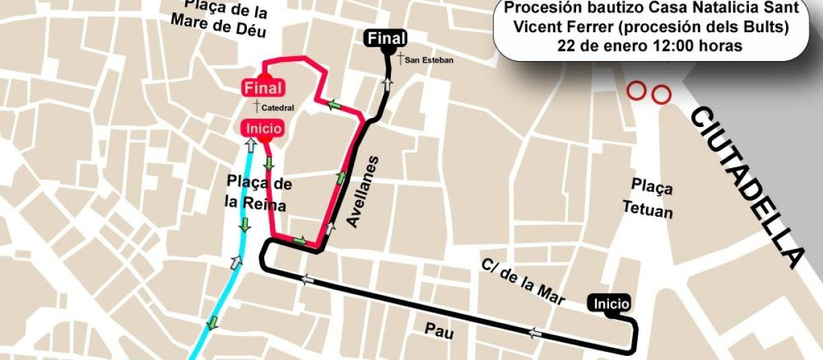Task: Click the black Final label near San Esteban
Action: coord(387,38)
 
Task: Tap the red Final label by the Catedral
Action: coord(263,88)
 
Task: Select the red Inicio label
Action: coord(263,128)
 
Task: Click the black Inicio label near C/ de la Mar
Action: coord(609,303)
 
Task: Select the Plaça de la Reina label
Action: coord(259,193)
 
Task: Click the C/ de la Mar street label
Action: coord(523,282)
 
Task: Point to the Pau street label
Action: coord(439,331)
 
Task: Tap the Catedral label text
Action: coord(278,108)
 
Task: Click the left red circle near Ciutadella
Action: coord(636,90)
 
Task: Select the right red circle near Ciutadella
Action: coord(660,94)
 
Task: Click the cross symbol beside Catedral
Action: coord(257,106)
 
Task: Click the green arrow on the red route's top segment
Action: coord(335,105)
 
